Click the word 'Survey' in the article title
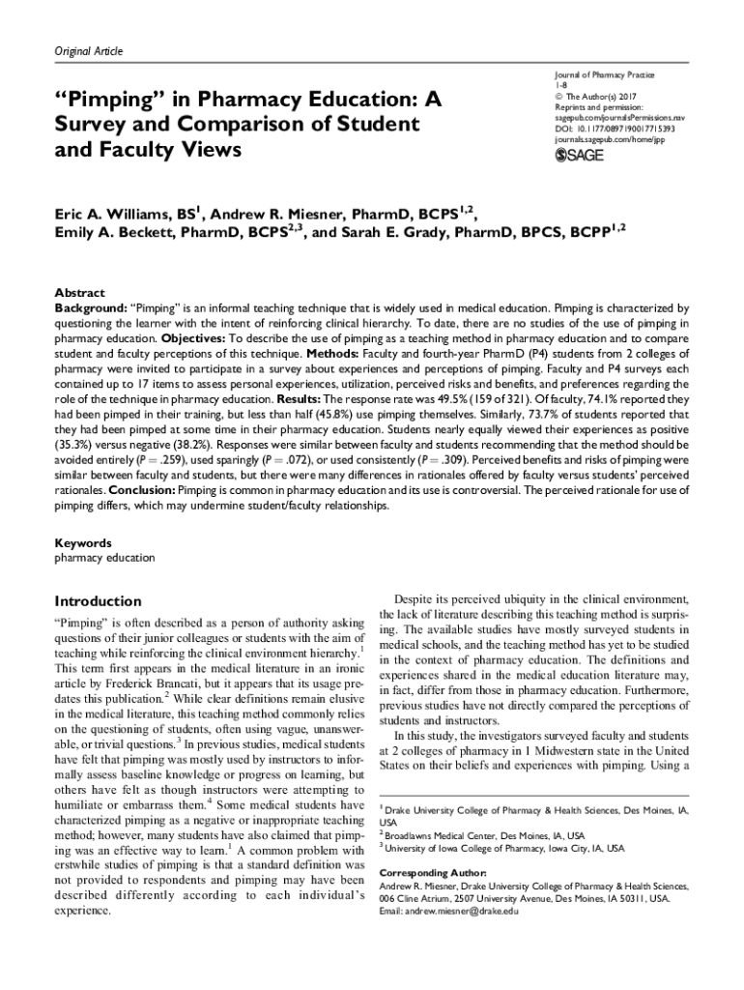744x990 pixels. pyautogui.click(x=98, y=124)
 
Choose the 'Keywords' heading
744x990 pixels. pyautogui.click(x=83, y=543)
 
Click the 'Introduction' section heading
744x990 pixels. pyautogui.click(x=98, y=600)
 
